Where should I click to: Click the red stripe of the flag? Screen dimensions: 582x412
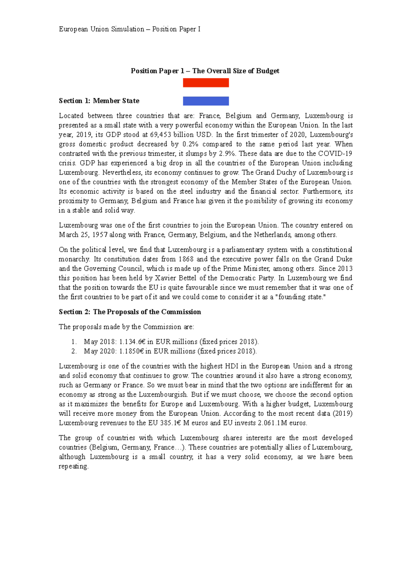tap(206, 83)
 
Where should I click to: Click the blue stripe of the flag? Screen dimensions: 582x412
tap(206, 101)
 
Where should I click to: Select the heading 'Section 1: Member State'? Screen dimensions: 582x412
tap(99, 101)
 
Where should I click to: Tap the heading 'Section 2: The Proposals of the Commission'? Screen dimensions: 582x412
tap(130, 312)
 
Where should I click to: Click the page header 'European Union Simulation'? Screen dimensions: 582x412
tap(102, 29)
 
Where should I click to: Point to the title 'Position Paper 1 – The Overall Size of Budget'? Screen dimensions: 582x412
tap(205, 71)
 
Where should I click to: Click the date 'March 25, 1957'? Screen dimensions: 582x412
tap(83, 235)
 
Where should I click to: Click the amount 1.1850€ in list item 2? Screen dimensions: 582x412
tap(131, 351)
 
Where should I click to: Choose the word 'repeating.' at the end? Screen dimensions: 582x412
tap(73, 466)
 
